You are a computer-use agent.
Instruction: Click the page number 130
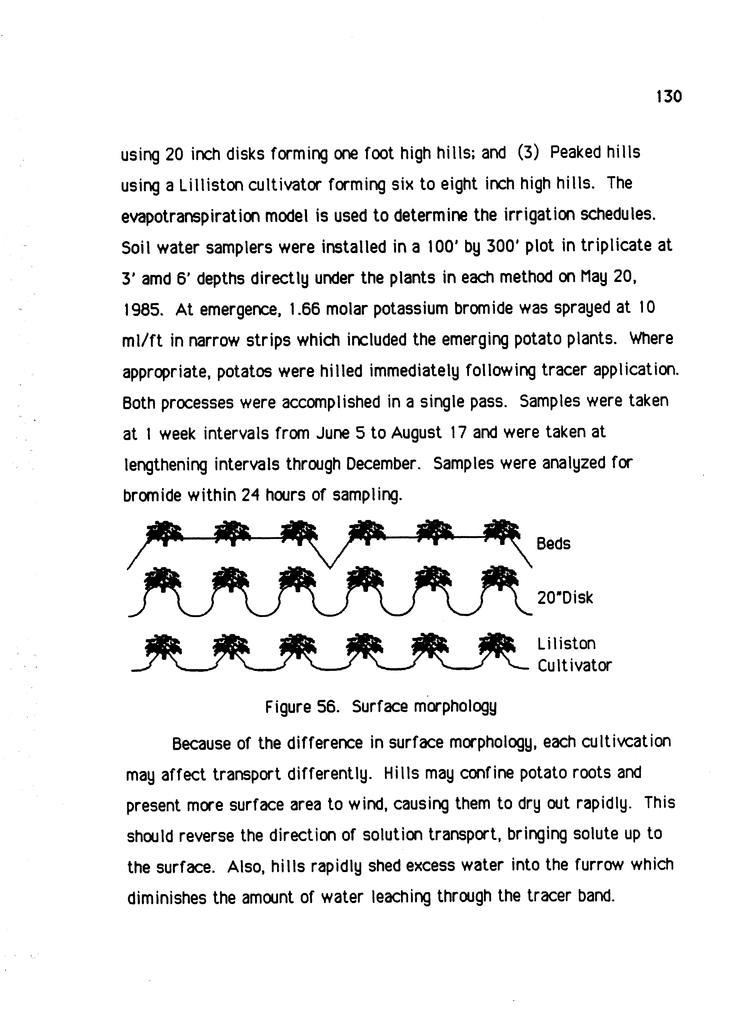click(x=669, y=96)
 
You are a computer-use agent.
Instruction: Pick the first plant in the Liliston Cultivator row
click(x=163, y=645)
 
